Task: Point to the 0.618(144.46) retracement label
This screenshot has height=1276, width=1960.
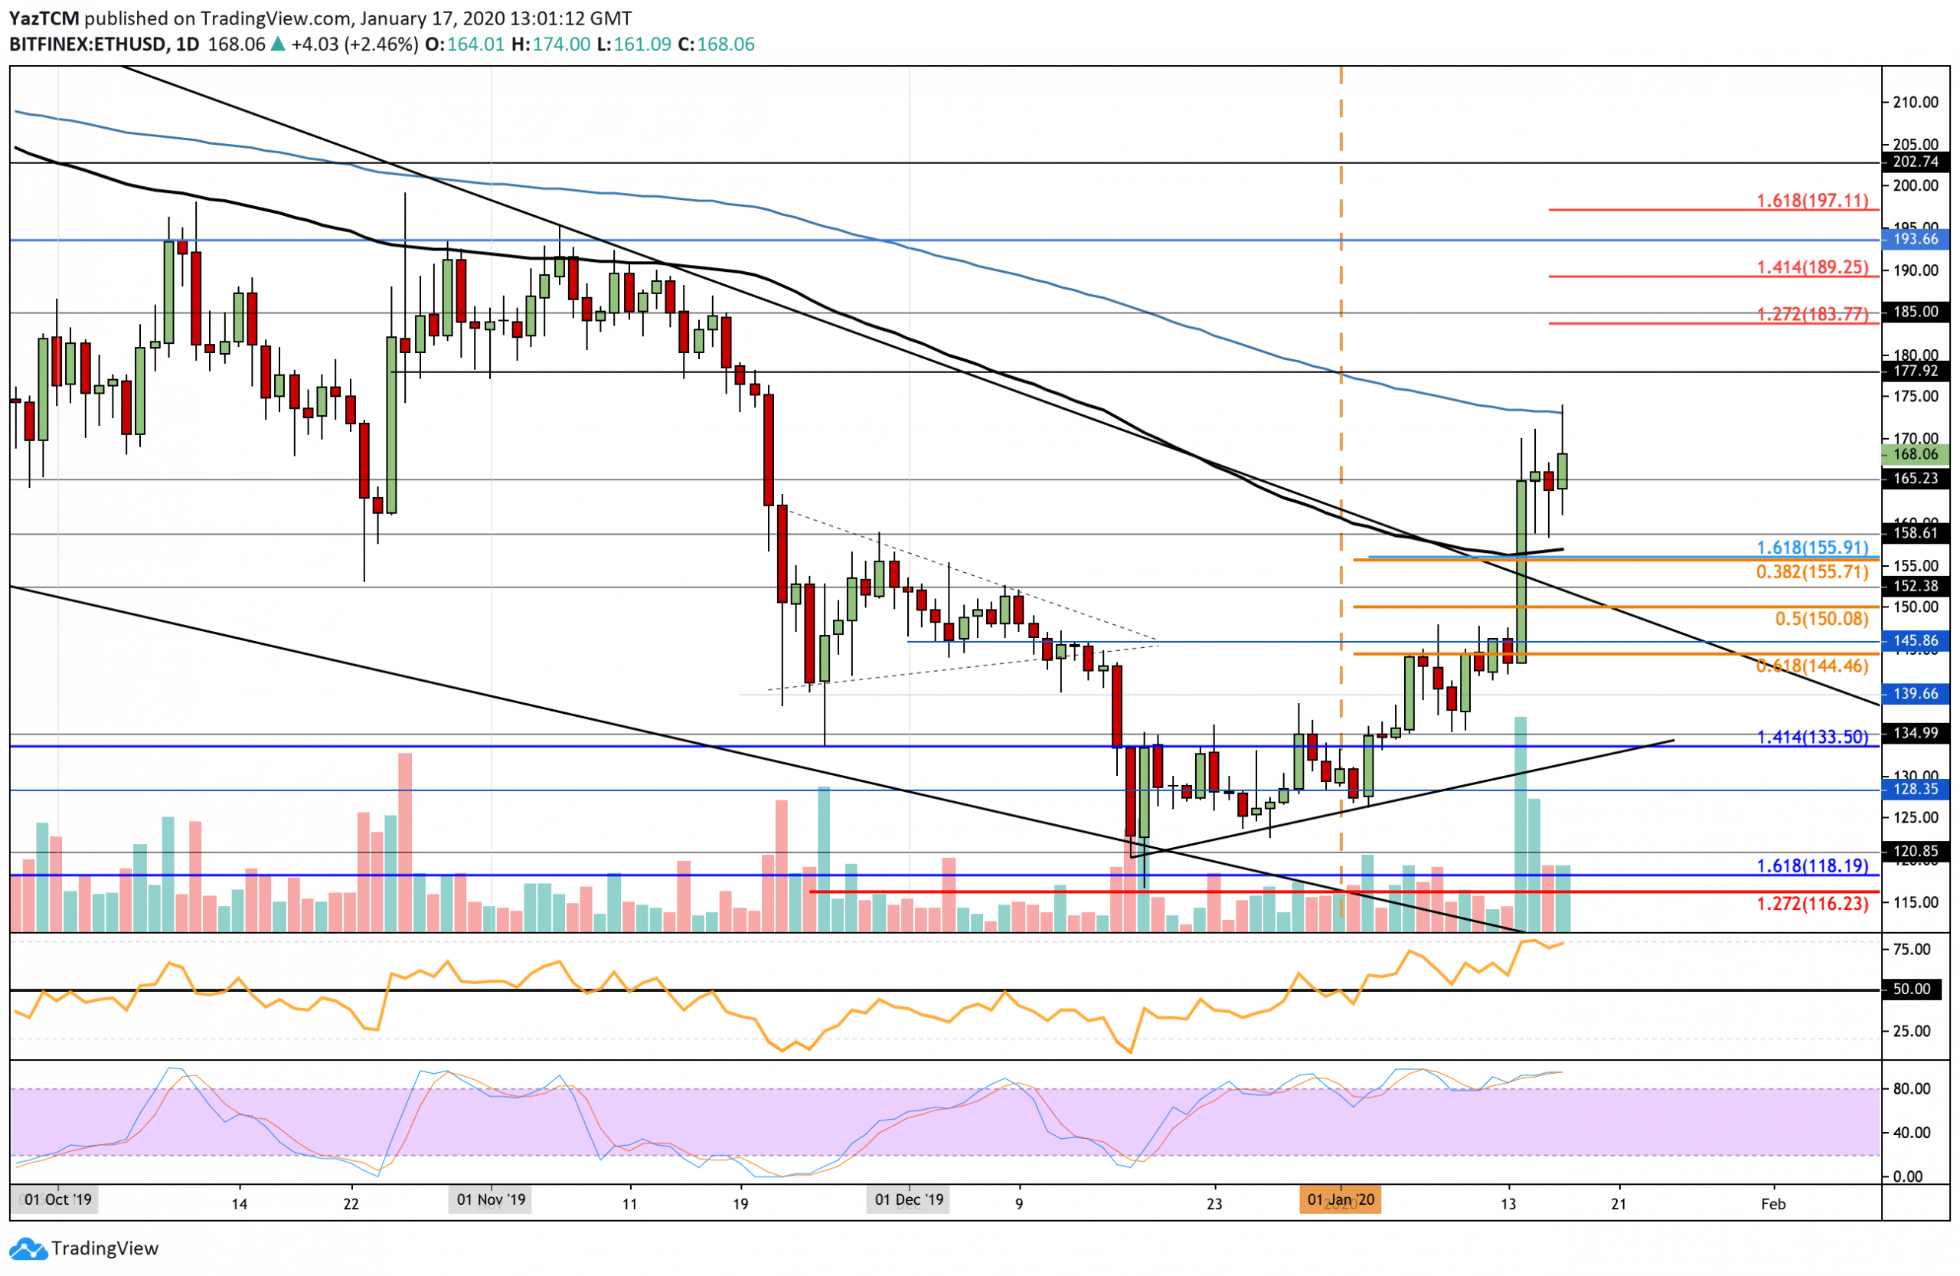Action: (x=1811, y=666)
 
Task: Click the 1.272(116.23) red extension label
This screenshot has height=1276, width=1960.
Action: (x=1811, y=904)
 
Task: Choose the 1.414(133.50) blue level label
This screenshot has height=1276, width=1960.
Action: (x=1811, y=738)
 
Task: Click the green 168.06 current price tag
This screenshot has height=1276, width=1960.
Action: (x=1916, y=455)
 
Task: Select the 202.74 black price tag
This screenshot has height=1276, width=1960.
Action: (x=1916, y=162)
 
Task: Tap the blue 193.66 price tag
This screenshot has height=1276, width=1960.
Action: (x=1916, y=240)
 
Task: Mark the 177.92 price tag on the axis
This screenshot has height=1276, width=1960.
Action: (x=1916, y=371)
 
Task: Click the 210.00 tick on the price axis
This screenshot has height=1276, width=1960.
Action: (x=1916, y=102)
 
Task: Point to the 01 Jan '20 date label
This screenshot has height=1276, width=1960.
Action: (x=1341, y=1200)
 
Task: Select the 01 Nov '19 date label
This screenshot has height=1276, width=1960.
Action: (x=491, y=1200)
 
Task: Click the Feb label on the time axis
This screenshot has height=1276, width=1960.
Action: (x=1773, y=1204)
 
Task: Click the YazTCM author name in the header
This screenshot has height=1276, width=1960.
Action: (x=44, y=18)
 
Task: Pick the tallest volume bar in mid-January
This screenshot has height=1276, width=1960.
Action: (x=1521, y=824)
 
